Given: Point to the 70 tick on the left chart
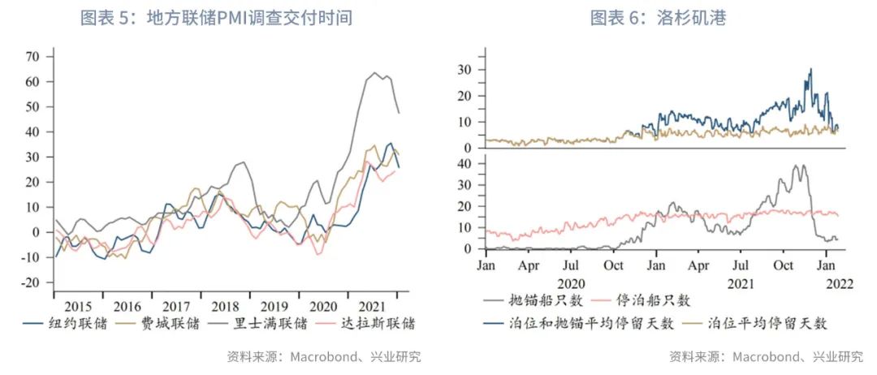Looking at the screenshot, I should (x=33, y=57).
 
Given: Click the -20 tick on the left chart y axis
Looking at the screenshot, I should (x=30, y=282).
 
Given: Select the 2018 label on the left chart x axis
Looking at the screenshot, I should (x=226, y=306).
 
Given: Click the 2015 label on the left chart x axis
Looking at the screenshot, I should (x=78, y=306).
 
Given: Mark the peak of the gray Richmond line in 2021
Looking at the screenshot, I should (x=375, y=73).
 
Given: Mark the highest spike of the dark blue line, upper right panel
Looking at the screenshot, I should (x=810, y=69).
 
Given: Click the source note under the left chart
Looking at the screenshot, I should (x=324, y=356).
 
